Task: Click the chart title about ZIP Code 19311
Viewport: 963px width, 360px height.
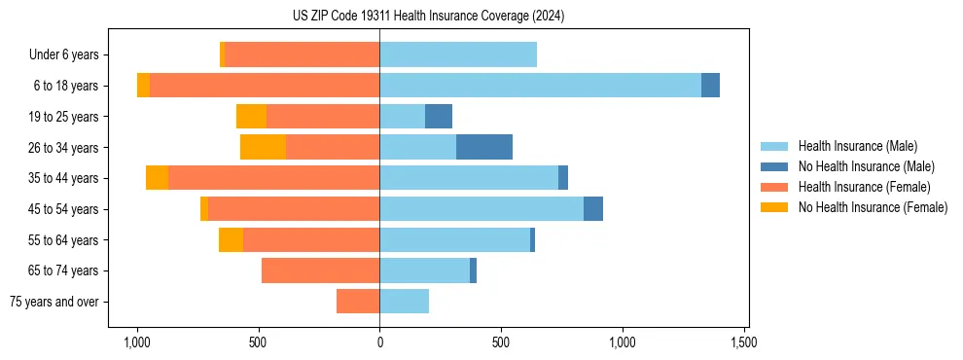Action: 428,17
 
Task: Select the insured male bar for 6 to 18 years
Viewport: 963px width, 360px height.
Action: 540,86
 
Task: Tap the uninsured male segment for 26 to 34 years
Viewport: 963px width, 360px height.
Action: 484,147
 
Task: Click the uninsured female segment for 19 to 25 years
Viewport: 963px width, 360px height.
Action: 251,117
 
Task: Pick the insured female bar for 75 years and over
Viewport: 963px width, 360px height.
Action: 358,302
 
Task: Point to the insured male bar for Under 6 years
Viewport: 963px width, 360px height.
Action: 458,54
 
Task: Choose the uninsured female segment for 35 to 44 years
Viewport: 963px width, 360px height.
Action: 157,178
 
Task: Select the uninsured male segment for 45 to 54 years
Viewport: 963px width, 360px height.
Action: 593,209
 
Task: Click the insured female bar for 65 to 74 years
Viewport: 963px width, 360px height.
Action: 320,270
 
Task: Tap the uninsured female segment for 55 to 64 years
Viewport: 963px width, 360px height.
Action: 231,239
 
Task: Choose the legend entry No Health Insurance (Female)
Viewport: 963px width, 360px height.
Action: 872,207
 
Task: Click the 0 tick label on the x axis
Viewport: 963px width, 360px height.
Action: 379,342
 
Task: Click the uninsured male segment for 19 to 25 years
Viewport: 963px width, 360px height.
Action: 439,117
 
